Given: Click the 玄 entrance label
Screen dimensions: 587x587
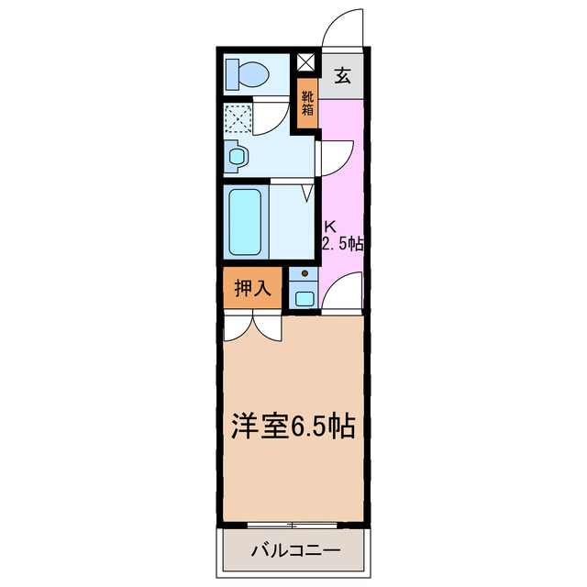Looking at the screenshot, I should [x=341, y=76].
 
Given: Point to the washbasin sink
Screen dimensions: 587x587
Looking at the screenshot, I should [x=237, y=156].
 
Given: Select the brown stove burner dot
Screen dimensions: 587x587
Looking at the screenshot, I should [x=304, y=272].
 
